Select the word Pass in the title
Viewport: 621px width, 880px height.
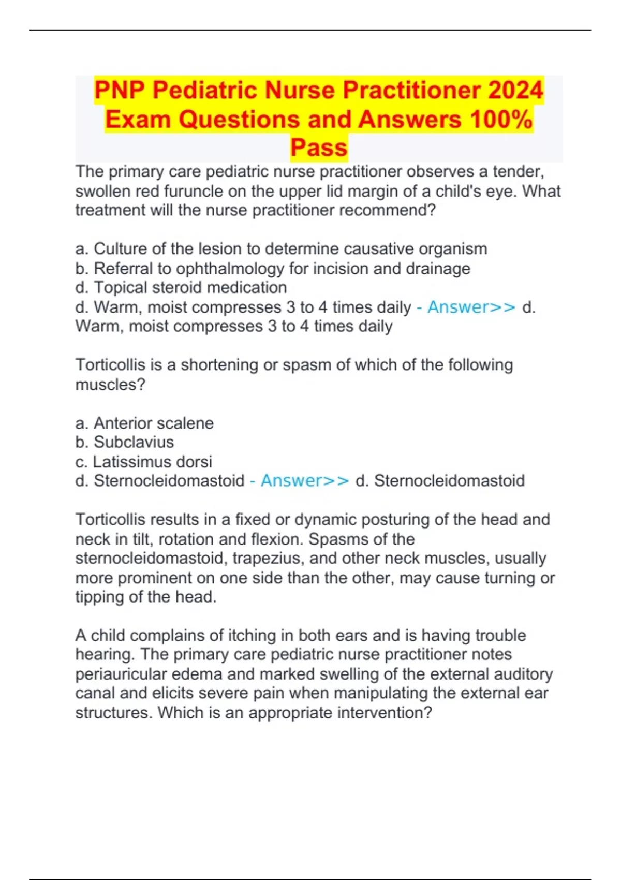(x=319, y=148)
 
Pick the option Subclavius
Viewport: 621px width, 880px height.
(x=134, y=442)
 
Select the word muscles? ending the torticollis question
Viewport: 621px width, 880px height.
(x=110, y=385)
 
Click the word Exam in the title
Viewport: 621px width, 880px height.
(x=138, y=119)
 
